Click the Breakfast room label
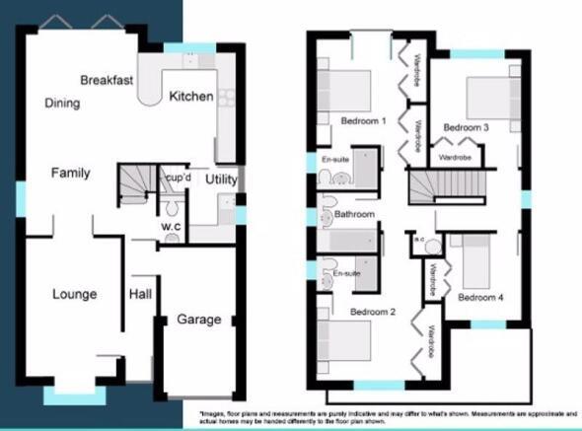coord(108,79)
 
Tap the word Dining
coord(61,102)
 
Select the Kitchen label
coord(190,97)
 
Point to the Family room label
coord(71,173)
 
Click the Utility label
coord(220,180)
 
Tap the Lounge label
coord(74,294)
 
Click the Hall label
coord(139,294)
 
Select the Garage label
coord(199,320)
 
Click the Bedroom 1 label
coord(363,120)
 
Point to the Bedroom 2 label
coord(372,312)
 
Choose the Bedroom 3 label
coord(466,127)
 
